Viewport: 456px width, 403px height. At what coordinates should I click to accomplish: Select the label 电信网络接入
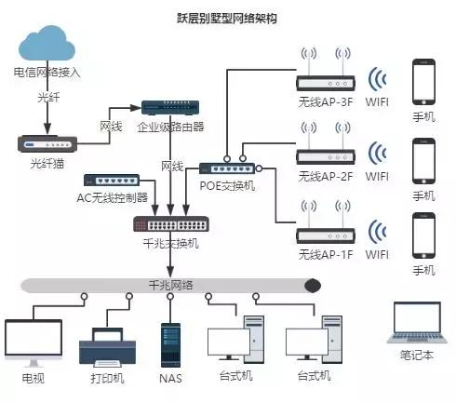(x=46, y=72)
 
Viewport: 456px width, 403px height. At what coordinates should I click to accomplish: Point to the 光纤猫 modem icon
(x=45, y=143)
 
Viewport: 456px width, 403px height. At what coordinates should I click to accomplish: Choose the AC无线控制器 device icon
(x=112, y=180)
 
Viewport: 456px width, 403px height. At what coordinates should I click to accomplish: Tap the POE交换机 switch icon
(x=226, y=168)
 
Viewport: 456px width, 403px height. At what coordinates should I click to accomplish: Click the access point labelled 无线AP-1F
(x=324, y=227)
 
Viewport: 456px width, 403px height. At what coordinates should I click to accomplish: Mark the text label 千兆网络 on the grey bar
(x=170, y=285)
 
